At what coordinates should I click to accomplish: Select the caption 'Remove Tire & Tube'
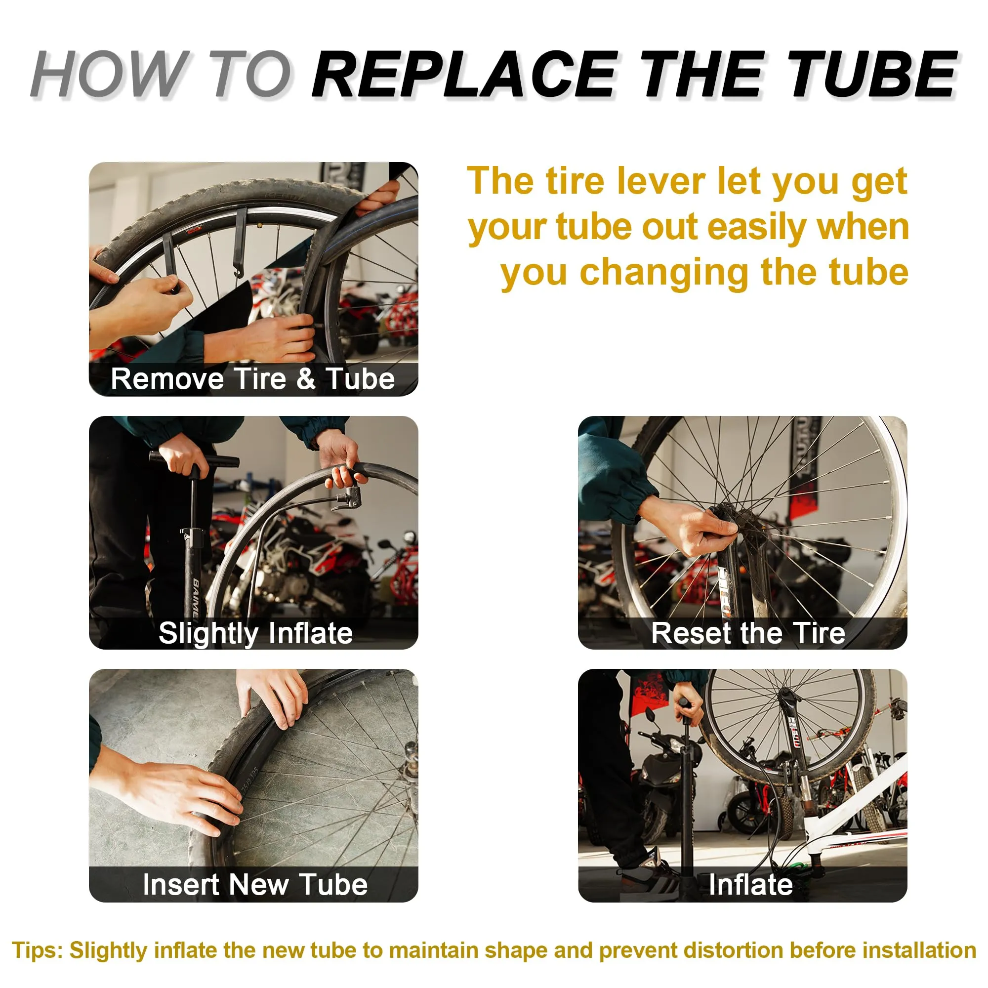[x=252, y=379]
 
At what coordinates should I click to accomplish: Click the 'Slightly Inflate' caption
[x=256, y=633]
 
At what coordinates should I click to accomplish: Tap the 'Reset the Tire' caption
[x=748, y=633]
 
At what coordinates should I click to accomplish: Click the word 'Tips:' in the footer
[x=38, y=950]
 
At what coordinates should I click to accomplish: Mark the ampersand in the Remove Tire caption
[x=306, y=379]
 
